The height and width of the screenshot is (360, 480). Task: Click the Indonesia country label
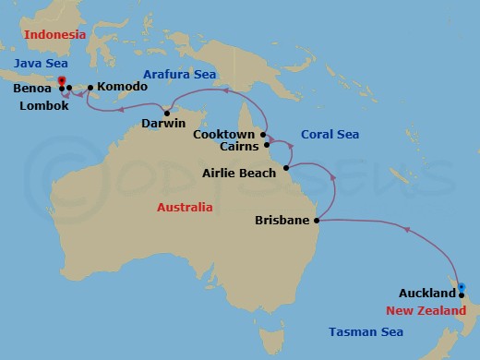click(54, 34)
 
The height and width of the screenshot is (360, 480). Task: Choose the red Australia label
click(184, 207)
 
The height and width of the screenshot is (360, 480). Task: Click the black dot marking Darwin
click(167, 114)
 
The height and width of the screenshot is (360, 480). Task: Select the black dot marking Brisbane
click(317, 221)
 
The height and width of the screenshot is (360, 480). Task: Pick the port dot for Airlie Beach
click(287, 168)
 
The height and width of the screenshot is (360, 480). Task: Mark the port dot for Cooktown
click(263, 135)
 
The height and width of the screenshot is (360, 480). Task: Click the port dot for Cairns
click(266, 145)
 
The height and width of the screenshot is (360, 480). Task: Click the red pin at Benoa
click(61, 82)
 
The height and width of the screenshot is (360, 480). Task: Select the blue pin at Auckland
click(462, 286)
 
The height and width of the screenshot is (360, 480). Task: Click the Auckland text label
click(430, 294)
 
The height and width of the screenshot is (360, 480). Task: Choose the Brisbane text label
click(283, 222)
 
